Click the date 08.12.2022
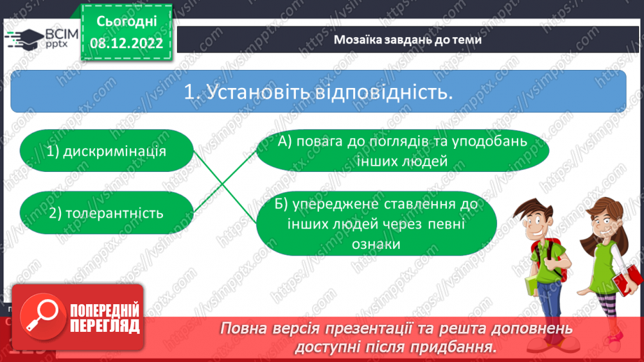click(126, 43)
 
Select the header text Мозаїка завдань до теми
click(407, 40)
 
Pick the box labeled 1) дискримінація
click(107, 150)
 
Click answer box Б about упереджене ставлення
click(376, 224)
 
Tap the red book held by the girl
click(627, 283)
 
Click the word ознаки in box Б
click(376, 244)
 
